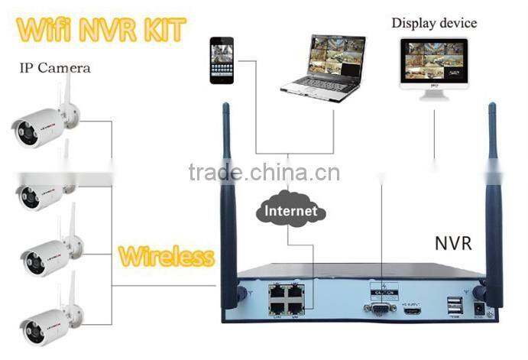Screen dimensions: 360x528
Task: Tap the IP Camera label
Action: (x=54, y=68)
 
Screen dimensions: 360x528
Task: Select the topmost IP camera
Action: (x=46, y=122)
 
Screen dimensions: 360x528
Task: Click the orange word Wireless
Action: (x=166, y=255)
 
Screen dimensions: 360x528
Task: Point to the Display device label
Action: (x=434, y=22)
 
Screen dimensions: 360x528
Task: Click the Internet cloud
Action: (x=290, y=209)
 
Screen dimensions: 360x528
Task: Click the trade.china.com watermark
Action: (x=264, y=173)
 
